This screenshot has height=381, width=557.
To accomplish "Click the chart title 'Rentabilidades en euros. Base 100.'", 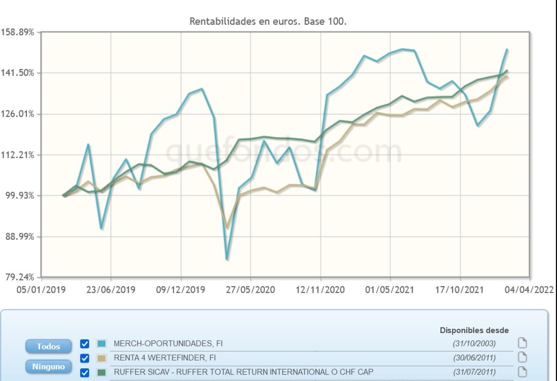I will (268, 22).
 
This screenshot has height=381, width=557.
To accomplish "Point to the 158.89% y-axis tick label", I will (18, 32).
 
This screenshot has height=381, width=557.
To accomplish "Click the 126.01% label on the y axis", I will (18, 114).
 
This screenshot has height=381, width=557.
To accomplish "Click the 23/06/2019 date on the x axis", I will (111, 290).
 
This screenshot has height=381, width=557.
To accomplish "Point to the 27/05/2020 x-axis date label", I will (250, 290).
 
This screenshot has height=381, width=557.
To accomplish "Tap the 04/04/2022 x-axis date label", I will (529, 290).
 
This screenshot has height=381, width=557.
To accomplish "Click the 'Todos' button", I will (48, 346).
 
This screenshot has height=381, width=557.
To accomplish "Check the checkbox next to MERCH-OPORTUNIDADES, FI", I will (85, 344).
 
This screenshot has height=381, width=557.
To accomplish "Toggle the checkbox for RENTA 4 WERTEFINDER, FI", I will (85, 358).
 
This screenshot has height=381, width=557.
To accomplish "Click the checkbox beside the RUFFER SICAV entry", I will (85, 373).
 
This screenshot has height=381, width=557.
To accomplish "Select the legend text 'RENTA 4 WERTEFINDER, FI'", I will (165, 358).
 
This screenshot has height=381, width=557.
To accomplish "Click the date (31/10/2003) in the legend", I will (474, 343).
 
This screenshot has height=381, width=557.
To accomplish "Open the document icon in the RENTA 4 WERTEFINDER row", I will (522, 358).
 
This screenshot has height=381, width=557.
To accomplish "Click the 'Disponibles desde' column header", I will (474, 330).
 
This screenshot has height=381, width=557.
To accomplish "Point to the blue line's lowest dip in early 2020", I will (227, 259).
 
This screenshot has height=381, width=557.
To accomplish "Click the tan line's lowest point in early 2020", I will (227, 227).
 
